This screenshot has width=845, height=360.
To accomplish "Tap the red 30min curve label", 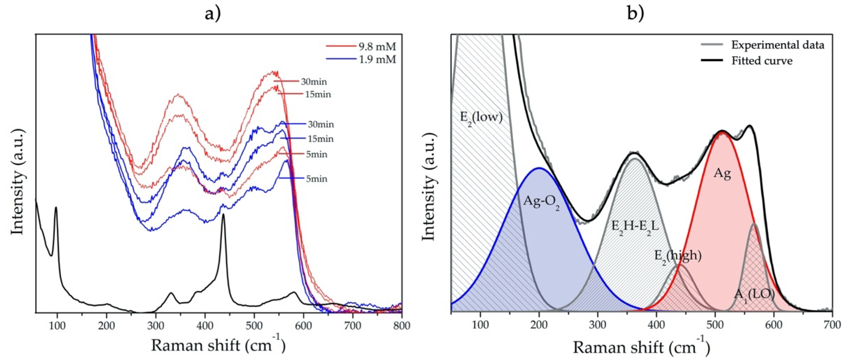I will tap(314, 82).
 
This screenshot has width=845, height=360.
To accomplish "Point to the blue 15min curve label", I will tap(320, 139).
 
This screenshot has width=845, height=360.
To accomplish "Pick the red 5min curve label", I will tap(316, 154).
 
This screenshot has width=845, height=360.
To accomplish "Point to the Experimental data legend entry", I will tap(777, 45).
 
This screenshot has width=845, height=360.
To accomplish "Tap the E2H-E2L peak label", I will tap(635, 226).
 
